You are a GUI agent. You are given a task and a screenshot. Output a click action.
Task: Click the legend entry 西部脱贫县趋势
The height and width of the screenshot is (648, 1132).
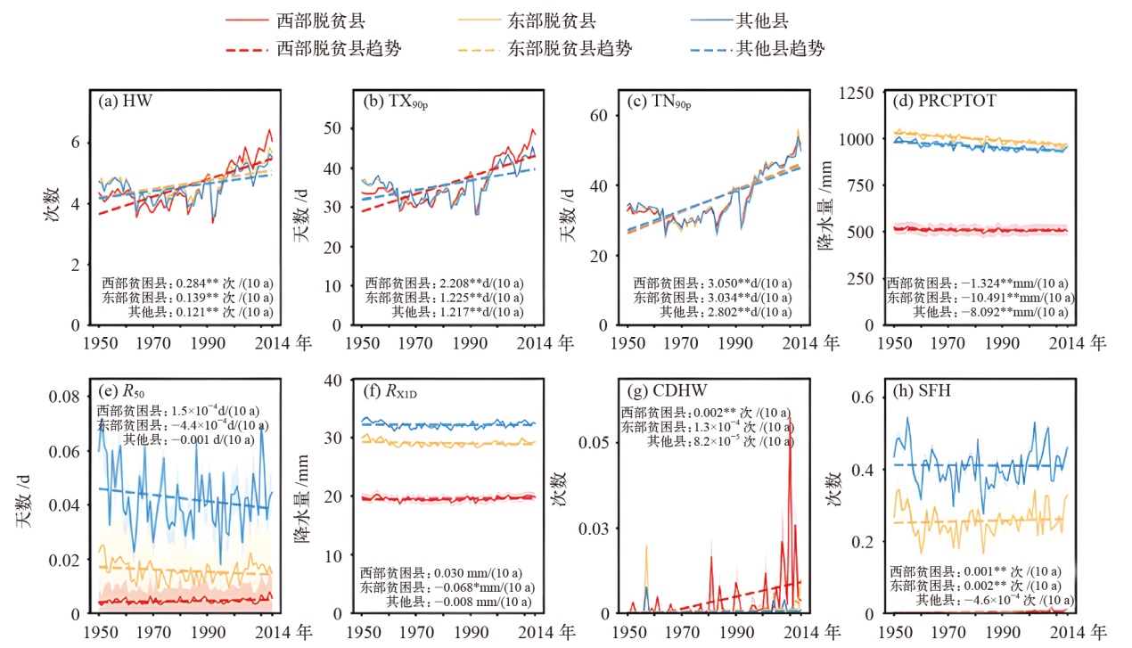(x=340, y=48)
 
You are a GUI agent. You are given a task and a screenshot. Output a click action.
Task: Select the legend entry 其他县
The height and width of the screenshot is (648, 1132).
(x=763, y=19)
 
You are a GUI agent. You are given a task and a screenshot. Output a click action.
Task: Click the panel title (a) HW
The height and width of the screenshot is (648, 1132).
(x=126, y=101)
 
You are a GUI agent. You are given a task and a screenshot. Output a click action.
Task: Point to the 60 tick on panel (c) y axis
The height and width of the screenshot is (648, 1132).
(x=598, y=116)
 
